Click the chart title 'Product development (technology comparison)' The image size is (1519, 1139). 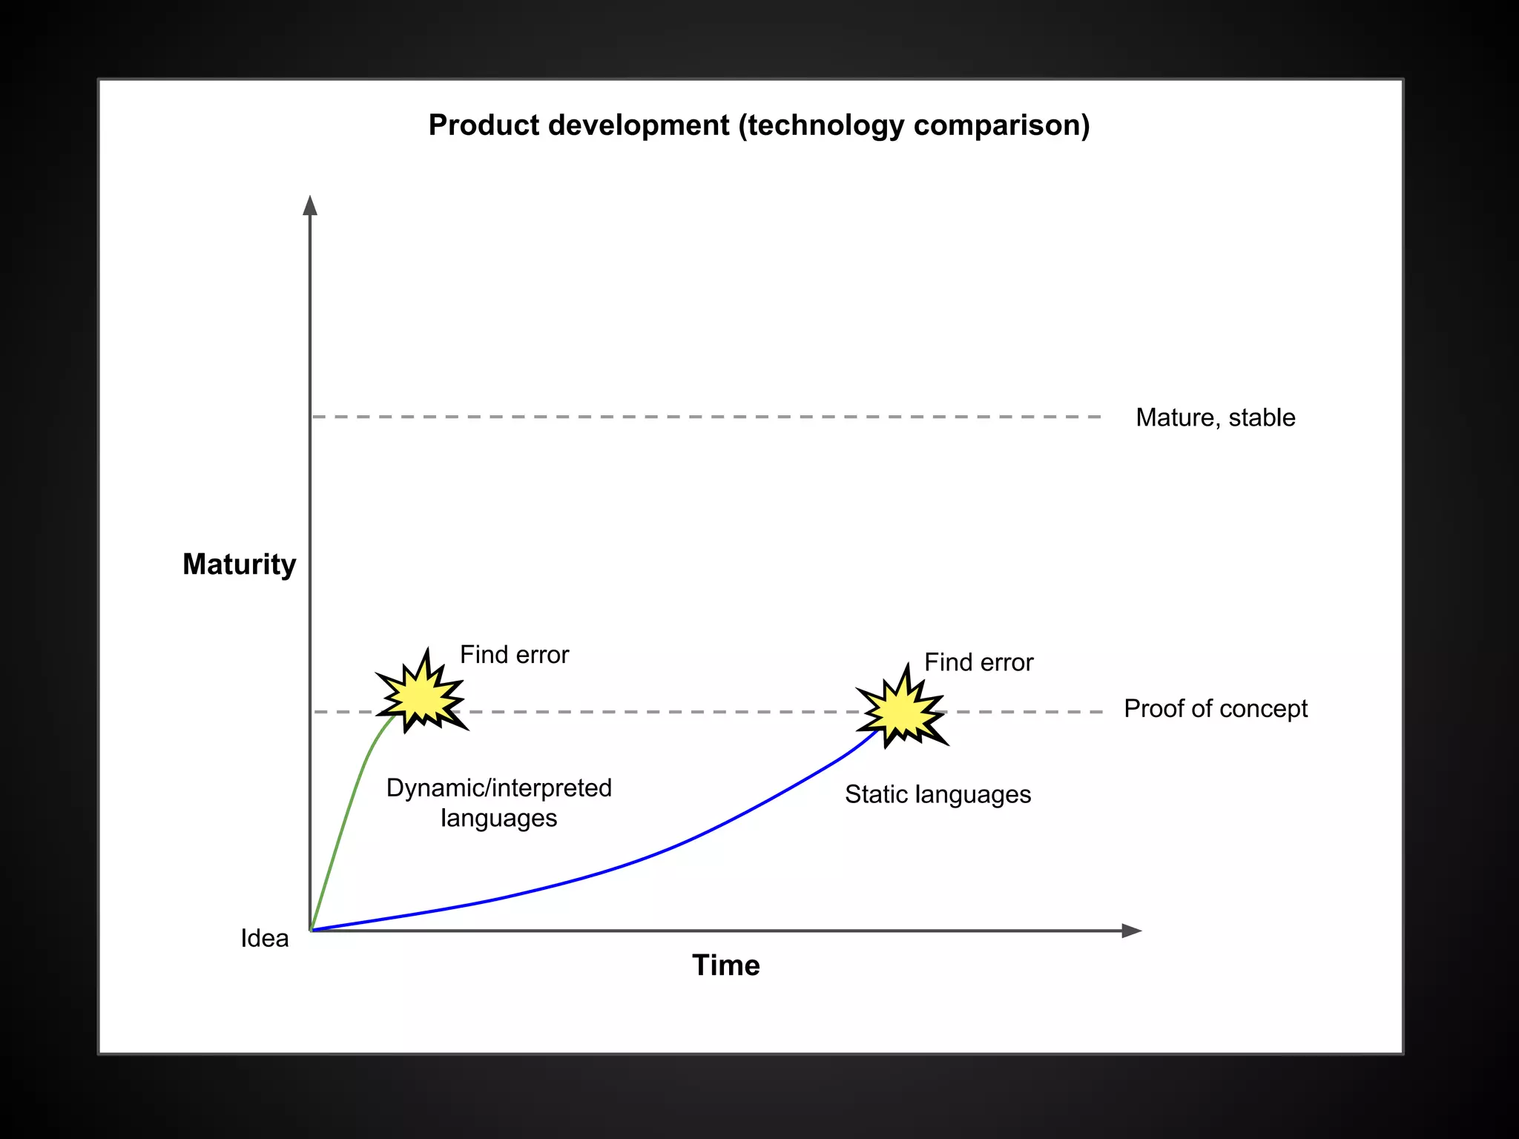(759, 125)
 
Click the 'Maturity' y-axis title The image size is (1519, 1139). (239, 564)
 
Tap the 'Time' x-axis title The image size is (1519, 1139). (725, 965)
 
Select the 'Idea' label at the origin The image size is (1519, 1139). (265, 938)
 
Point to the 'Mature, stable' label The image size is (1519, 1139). (1215, 417)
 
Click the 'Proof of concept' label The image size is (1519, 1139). (1216, 709)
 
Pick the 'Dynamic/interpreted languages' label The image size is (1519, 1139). (499, 802)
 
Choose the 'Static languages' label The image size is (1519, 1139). (938, 794)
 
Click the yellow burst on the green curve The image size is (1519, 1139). (421, 693)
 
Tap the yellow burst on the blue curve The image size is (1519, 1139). (902, 708)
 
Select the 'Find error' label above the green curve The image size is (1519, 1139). (514, 655)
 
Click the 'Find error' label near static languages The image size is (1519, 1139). (978, 662)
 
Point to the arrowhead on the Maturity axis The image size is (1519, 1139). (310, 205)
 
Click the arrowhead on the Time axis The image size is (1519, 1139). (1132, 931)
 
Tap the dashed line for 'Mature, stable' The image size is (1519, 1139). (707, 417)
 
